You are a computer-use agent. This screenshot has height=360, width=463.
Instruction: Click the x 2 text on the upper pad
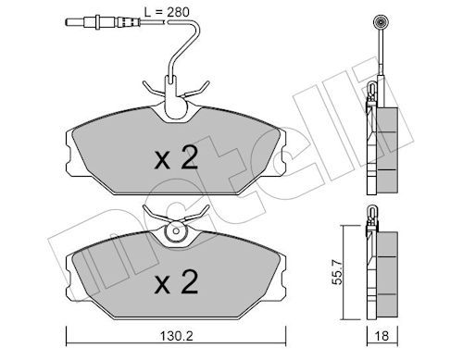(x=176, y=158)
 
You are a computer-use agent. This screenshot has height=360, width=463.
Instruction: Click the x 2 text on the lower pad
(x=176, y=279)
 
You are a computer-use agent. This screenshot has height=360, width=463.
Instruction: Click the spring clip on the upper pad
(x=173, y=93)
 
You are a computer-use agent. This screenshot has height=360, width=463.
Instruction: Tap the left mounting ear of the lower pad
(x=71, y=272)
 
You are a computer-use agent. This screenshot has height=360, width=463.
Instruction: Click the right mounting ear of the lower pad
(x=282, y=272)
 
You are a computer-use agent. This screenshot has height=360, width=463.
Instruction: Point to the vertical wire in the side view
(x=379, y=56)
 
